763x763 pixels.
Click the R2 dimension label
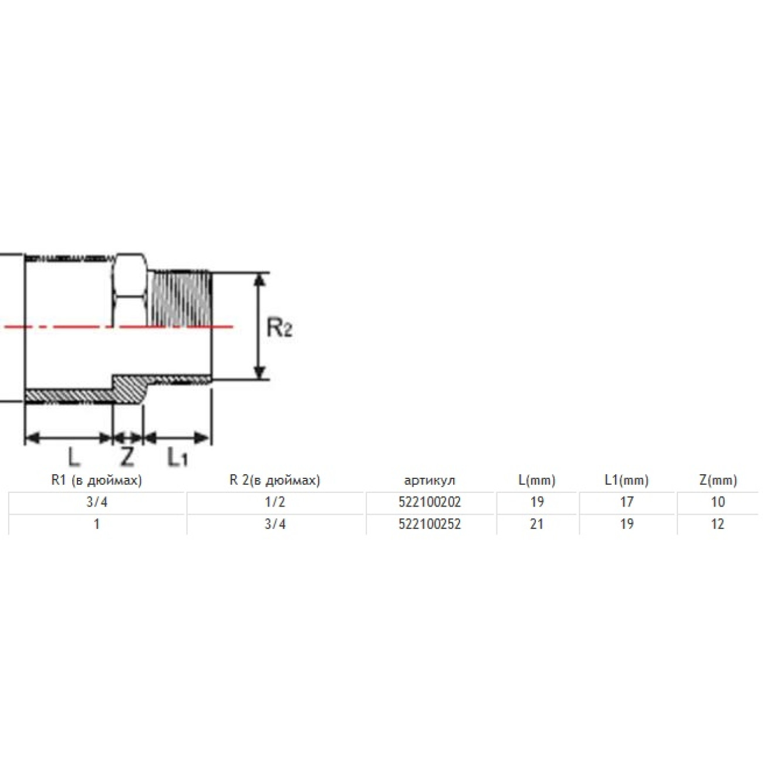[279, 328]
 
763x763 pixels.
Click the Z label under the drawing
[127, 457]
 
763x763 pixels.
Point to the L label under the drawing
[73, 457]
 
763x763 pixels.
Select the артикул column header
[430, 481]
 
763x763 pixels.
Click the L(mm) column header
[537, 480]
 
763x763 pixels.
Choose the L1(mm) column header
[626, 480]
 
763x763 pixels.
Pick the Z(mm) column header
[718, 480]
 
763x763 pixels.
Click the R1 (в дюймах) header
[97, 480]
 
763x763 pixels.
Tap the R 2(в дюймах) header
[275, 480]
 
